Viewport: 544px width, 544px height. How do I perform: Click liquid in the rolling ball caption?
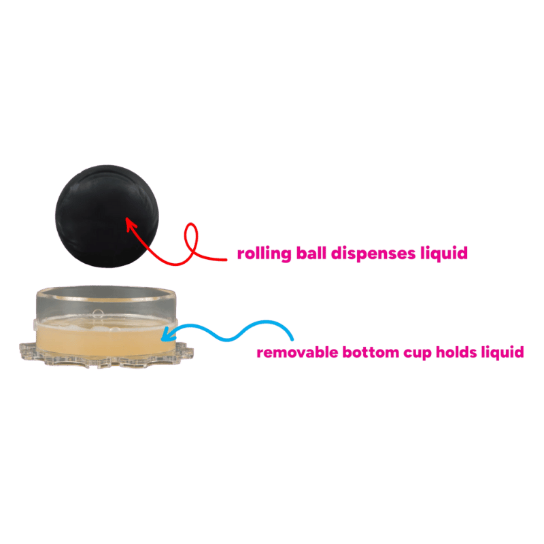[445, 254]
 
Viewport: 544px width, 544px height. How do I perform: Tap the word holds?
[456, 353]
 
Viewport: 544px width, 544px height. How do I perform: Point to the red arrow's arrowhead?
[129, 221]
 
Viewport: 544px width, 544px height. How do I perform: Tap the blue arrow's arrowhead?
[163, 334]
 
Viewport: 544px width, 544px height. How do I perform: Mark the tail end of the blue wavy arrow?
[293, 338]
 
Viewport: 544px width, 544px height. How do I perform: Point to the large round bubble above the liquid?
[98, 315]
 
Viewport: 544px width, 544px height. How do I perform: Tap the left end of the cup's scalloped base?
[22, 351]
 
